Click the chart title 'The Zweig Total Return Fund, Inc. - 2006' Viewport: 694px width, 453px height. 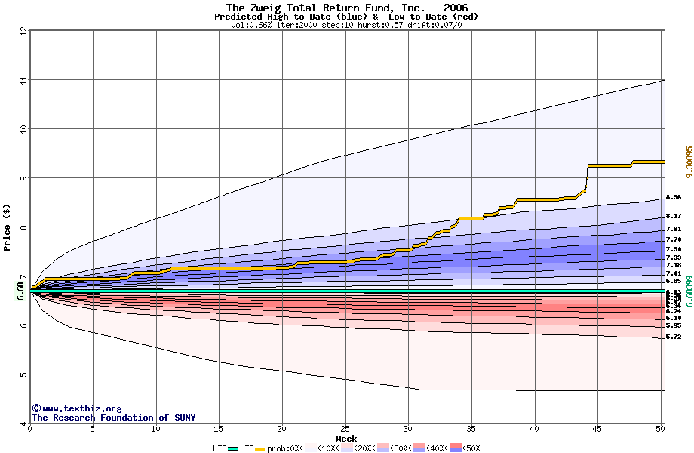[x=346, y=8]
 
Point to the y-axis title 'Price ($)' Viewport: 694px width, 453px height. [x=8, y=226]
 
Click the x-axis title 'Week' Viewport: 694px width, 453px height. [x=346, y=438]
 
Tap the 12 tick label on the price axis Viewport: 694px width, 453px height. [x=23, y=31]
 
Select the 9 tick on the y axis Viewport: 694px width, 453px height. [x=23, y=178]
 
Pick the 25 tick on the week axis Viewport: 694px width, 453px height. [x=345, y=430]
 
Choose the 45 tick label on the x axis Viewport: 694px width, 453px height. [x=597, y=430]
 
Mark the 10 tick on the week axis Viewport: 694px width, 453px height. [x=155, y=430]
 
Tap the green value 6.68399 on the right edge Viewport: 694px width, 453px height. [x=689, y=291]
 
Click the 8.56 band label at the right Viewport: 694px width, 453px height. [x=674, y=197]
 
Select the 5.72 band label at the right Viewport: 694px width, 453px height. [x=674, y=337]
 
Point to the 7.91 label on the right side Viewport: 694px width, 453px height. [x=674, y=229]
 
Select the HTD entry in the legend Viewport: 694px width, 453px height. [x=247, y=448]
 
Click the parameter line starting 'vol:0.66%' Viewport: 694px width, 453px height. [x=346, y=25]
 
